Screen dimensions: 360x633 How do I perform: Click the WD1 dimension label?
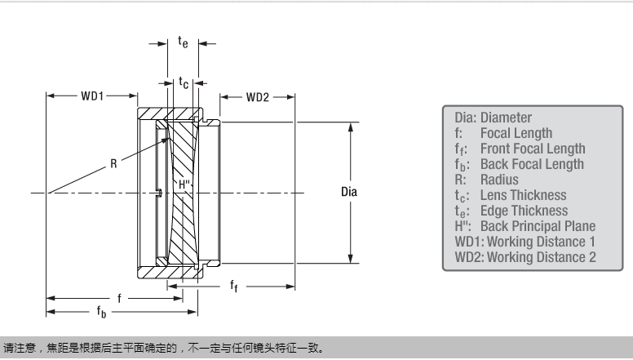(x=91, y=96)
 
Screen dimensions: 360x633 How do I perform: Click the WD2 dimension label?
(x=257, y=96)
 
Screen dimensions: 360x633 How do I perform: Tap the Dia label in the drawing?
(x=348, y=193)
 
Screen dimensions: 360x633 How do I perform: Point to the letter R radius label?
(x=114, y=163)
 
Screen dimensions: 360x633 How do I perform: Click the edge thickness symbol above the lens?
(x=183, y=42)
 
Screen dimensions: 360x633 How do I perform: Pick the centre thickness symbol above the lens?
(x=184, y=82)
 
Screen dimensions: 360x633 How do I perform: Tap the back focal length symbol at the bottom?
(x=101, y=312)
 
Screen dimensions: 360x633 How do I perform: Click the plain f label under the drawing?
(x=118, y=298)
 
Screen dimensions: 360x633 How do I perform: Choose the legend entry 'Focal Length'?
(x=516, y=133)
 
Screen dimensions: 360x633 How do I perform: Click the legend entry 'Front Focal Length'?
(x=532, y=149)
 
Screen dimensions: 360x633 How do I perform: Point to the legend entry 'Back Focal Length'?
(x=532, y=164)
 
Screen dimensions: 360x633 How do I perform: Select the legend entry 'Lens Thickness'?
(x=523, y=195)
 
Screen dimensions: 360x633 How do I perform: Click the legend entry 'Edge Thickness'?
(x=524, y=211)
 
